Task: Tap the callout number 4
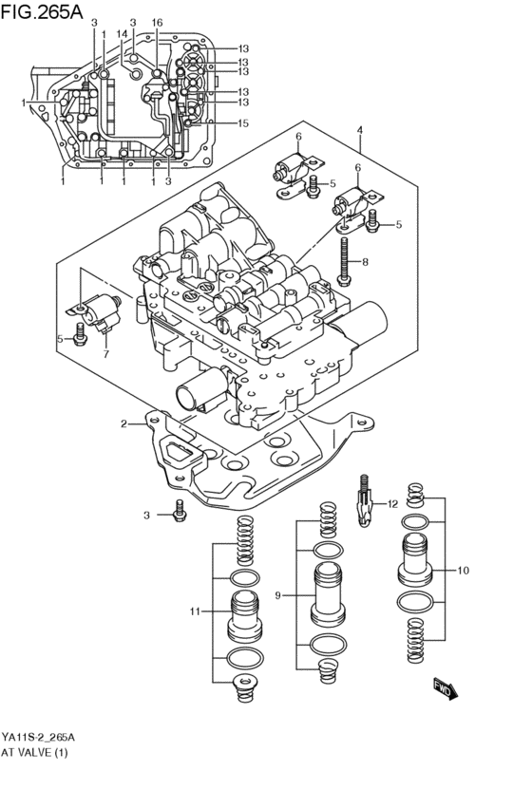coord(360,130)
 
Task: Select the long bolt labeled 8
coord(343,260)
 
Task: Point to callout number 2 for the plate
coord(123,423)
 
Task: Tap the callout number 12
coord(392,504)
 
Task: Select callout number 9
coord(279,595)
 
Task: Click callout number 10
coord(463,571)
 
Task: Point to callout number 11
coord(195,611)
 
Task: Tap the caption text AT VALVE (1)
coord(35,752)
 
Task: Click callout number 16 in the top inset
coord(157,22)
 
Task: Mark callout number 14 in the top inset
coord(122,33)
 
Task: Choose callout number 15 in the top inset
coord(243,123)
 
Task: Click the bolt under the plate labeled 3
coord(179,515)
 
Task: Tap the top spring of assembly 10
coord(414,494)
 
